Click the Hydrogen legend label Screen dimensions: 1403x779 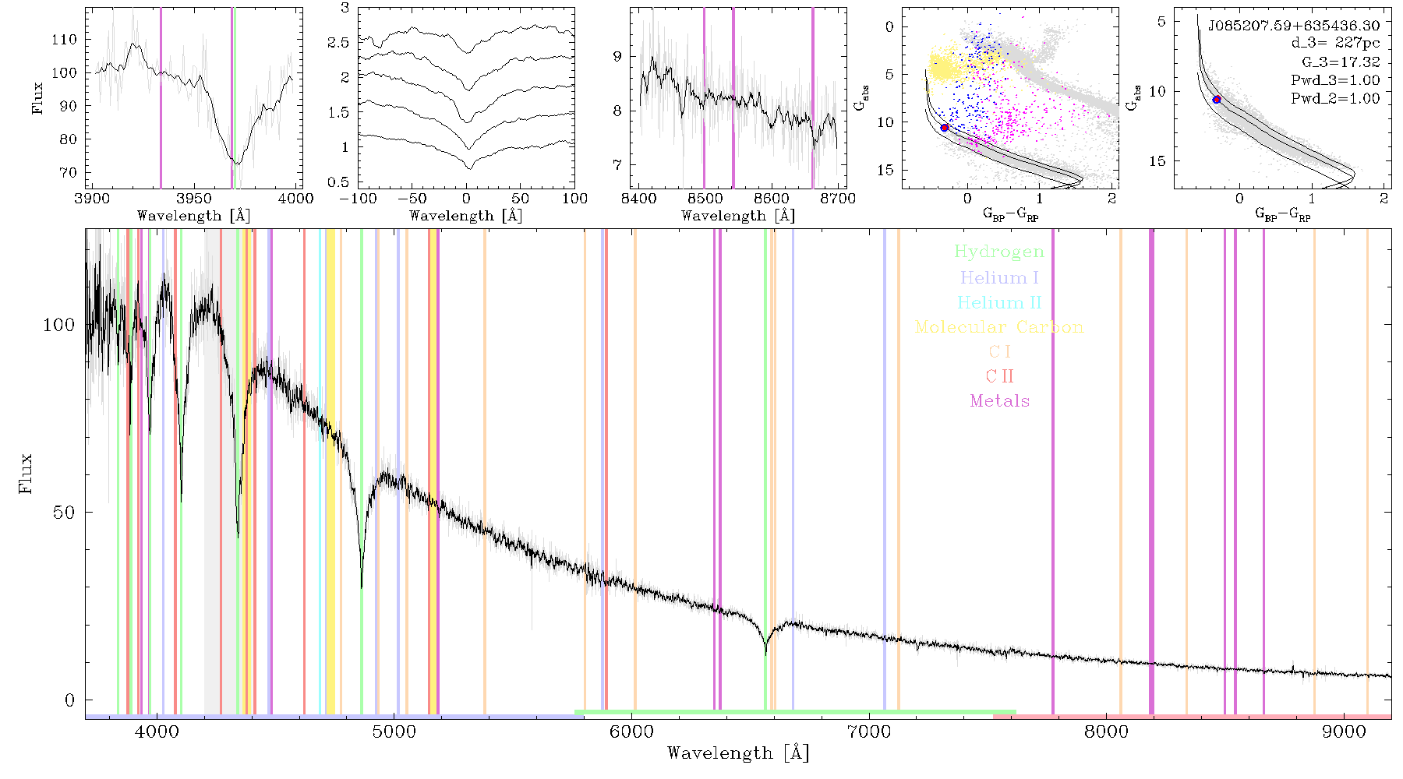pyautogui.click(x=998, y=252)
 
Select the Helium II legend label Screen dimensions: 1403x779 pyautogui.click(x=999, y=302)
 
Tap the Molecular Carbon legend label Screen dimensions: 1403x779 pyautogui.click(x=999, y=327)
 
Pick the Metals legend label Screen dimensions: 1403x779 pyautogui.click(x=999, y=401)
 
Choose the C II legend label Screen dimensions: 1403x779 pyautogui.click(x=999, y=376)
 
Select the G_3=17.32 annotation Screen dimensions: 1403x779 pyautogui.click(x=1341, y=62)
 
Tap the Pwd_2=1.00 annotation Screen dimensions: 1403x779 pyautogui.click(x=1335, y=98)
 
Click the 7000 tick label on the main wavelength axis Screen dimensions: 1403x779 pyautogui.click(x=868, y=731)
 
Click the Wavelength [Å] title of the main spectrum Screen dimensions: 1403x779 pyautogui.click(x=738, y=753)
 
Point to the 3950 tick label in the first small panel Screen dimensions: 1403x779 pyautogui.click(x=194, y=199)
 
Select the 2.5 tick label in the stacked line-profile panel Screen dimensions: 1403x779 pyautogui.click(x=338, y=42)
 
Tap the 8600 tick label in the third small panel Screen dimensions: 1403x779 pyautogui.click(x=772, y=199)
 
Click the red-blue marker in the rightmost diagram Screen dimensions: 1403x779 pyautogui.click(x=1217, y=100)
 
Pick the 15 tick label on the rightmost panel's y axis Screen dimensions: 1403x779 pyautogui.click(x=1157, y=161)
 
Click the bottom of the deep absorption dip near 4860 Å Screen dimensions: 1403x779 pyautogui.click(x=361, y=587)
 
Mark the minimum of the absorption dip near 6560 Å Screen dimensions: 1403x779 pyautogui.click(x=765, y=654)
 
